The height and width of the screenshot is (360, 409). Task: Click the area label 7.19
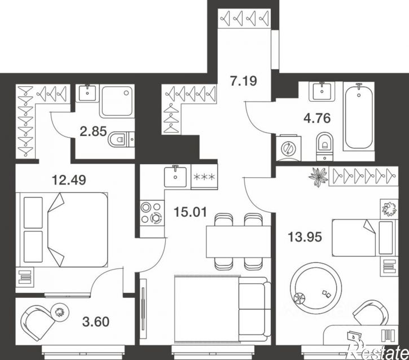243,81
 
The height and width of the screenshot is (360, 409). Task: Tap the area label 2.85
94,131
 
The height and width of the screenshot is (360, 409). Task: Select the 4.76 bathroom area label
317,118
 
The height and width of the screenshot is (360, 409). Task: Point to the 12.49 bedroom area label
69,180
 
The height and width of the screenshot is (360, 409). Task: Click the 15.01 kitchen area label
191,212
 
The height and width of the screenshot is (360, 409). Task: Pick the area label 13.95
305,237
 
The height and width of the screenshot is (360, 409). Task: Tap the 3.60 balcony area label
96,322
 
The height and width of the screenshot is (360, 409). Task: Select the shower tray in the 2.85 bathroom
117,101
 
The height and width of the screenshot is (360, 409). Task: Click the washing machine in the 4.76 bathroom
288,148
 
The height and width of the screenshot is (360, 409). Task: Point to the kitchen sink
175,176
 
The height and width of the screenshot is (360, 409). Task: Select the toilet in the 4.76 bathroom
325,146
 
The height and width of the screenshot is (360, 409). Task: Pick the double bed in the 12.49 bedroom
62,230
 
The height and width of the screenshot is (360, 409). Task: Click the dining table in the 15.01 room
239,242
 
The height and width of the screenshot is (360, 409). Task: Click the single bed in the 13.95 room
365,238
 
